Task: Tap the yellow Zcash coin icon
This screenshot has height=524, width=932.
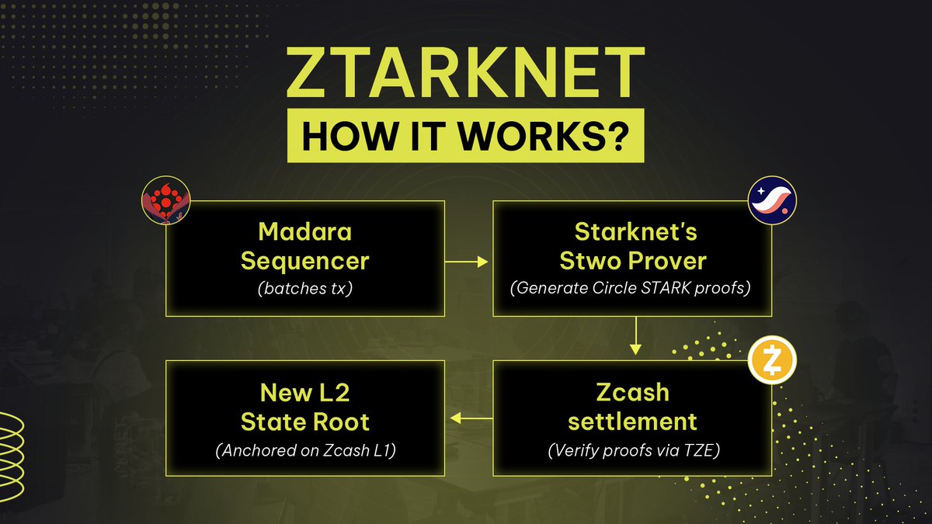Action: tap(771, 360)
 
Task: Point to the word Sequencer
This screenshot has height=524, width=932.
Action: tap(304, 261)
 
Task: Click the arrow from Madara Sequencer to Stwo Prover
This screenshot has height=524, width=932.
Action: tap(468, 262)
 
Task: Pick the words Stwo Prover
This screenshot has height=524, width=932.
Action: tap(632, 260)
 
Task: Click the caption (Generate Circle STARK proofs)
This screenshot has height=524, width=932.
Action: tap(632, 288)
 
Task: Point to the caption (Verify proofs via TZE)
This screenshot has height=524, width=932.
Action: tap(632, 449)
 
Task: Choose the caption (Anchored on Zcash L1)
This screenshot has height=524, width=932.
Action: tap(304, 449)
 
